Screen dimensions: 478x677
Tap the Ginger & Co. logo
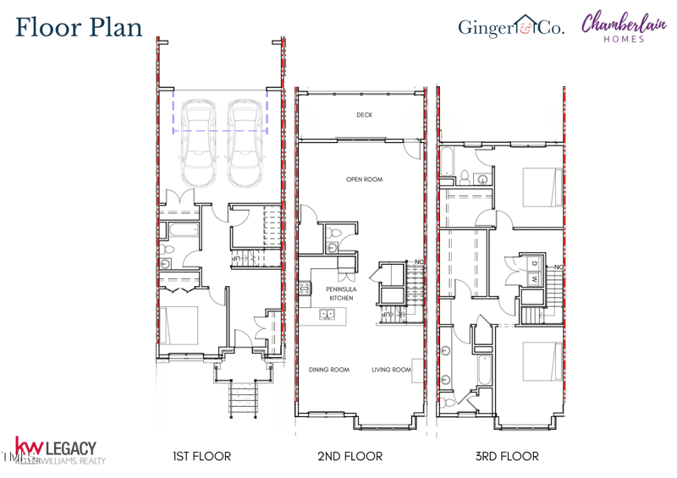pos(510,27)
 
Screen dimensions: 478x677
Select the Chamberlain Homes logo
pos(623,26)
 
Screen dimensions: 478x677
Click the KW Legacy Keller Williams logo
pos(58,451)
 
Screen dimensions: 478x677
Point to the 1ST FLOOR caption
pos(201,456)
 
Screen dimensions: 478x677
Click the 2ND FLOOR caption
pos(350,456)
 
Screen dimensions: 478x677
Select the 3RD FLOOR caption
pos(506,456)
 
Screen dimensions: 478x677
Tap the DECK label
pos(364,115)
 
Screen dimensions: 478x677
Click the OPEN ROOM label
pos(364,179)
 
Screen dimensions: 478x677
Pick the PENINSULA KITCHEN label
pos(341,294)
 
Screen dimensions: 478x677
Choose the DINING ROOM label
pos(328,370)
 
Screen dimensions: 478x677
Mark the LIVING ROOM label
pos(391,370)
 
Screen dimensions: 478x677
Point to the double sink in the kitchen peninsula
pos(327,315)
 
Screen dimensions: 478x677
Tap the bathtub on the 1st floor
pos(182,230)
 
